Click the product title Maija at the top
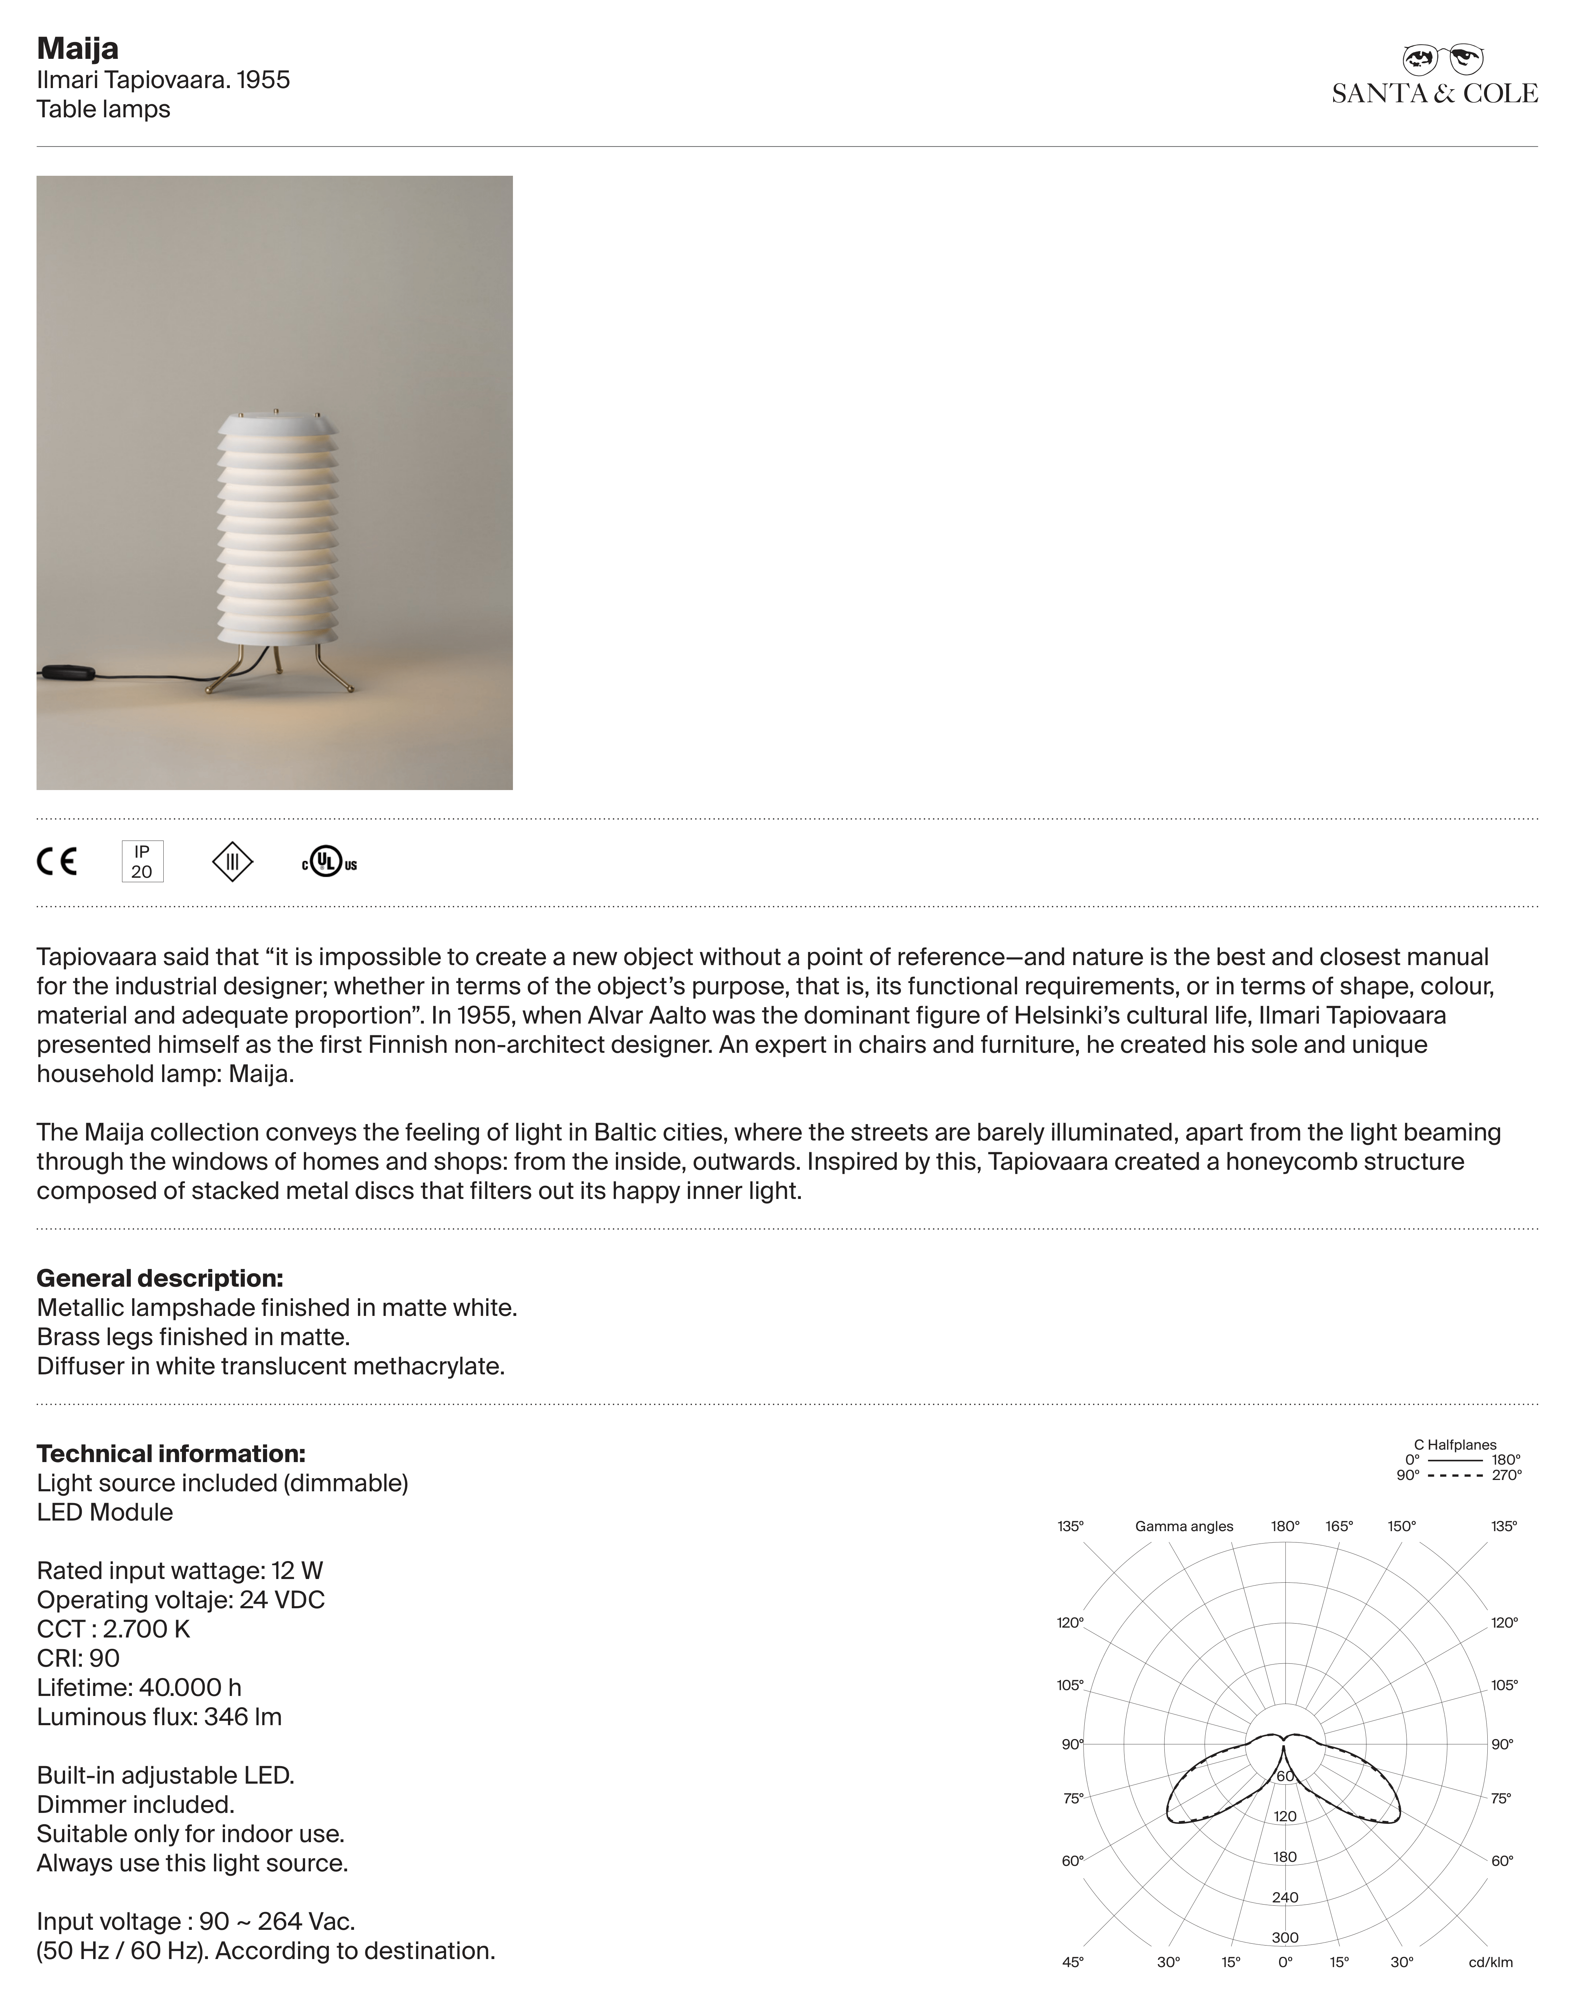pos(77,49)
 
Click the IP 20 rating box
pos(142,861)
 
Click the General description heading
pos(160,1278)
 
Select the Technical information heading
pos(171,1453)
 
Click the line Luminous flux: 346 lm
pos(160,1716)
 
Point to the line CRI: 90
pos(79,1658)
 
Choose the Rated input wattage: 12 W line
pos(180,1571)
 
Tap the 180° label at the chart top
pos(1285,1526)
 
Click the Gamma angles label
pos(1184,1526)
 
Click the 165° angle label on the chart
pos(1339,1526)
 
